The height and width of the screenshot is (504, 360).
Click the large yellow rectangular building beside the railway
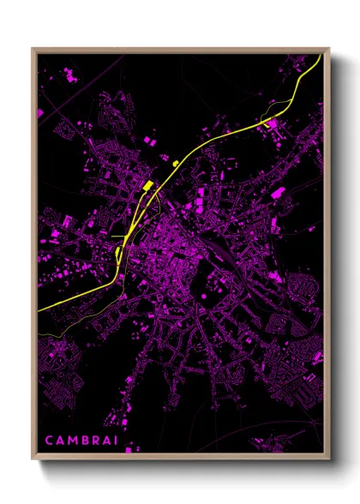tap(147, 185)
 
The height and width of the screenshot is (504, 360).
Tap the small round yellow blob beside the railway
tap(176, 161)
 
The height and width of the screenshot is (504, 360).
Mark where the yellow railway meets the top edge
tap(320, 55)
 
